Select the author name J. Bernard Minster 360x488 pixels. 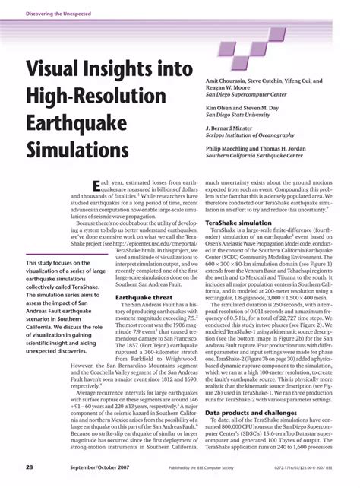232,129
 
